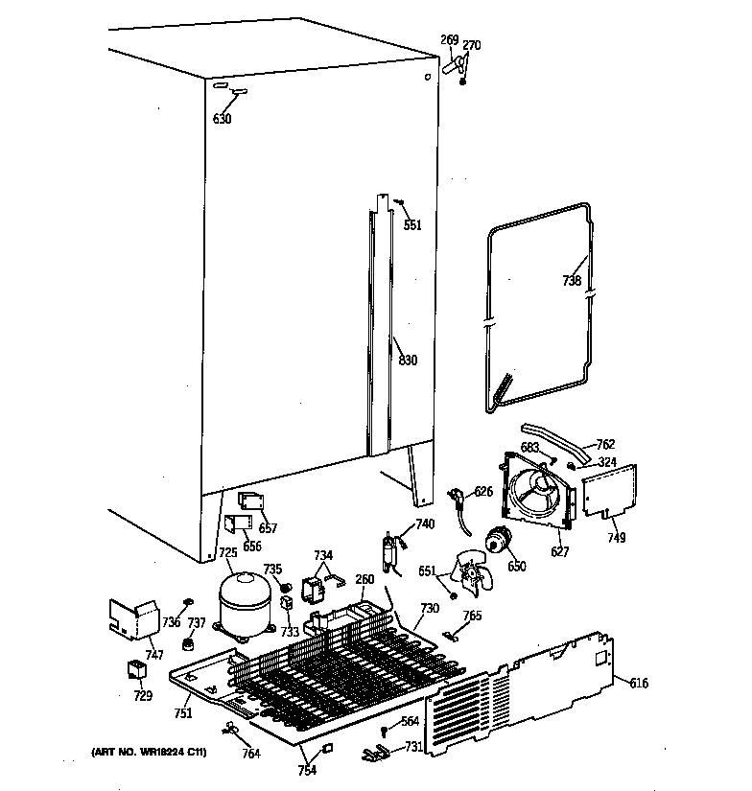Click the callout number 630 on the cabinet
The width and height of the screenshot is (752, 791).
[222, 119]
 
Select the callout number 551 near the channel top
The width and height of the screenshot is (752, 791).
[411, 225]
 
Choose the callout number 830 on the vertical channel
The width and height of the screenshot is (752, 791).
[408, 361]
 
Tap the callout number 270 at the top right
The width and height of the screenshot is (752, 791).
[472, 45]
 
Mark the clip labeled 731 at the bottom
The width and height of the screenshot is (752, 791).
[376, 755]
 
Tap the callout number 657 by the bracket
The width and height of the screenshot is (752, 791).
[269, 528]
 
